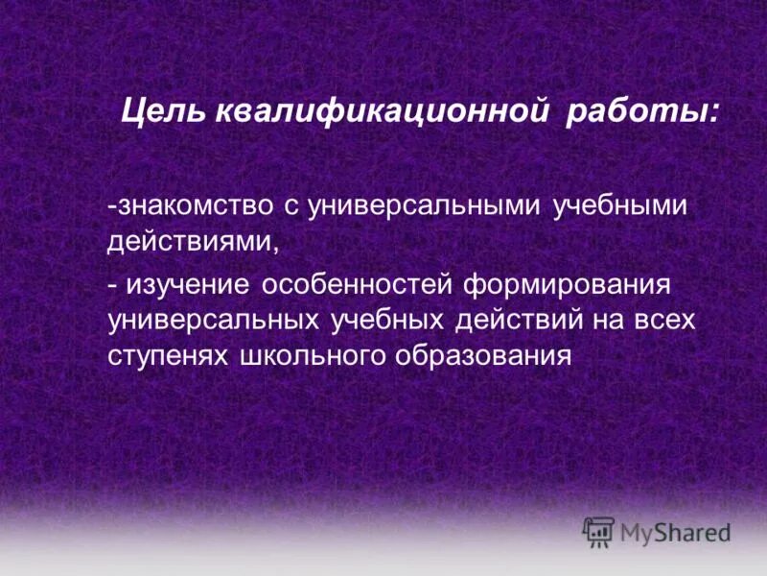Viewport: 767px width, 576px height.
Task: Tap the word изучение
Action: pyautogui.click(x=189, y=285)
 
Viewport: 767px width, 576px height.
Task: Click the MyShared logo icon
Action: pyautogui.click(x=599, y=531)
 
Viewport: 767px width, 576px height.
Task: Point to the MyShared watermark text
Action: pyautogui.click(x=675, y=532)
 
